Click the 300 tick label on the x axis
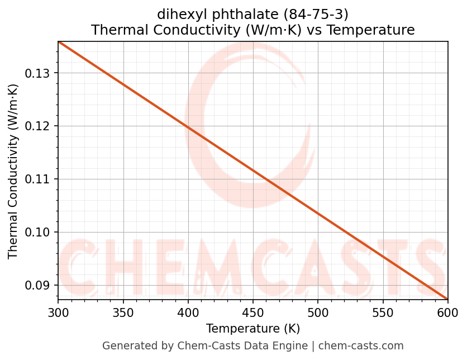tap(58, 313)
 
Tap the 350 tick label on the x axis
tap(123, 313)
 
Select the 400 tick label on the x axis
tap(188, 313)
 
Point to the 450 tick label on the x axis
tap(252, 313)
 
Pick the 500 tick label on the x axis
tap(317, 313)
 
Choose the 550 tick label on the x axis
tap(383, 313)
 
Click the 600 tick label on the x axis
tap(447, 313)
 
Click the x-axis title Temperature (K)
tap(252, 329)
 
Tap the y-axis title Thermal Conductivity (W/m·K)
tap(13, 171)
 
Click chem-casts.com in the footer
tap(361, 346)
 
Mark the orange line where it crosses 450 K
tap(252, 170)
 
